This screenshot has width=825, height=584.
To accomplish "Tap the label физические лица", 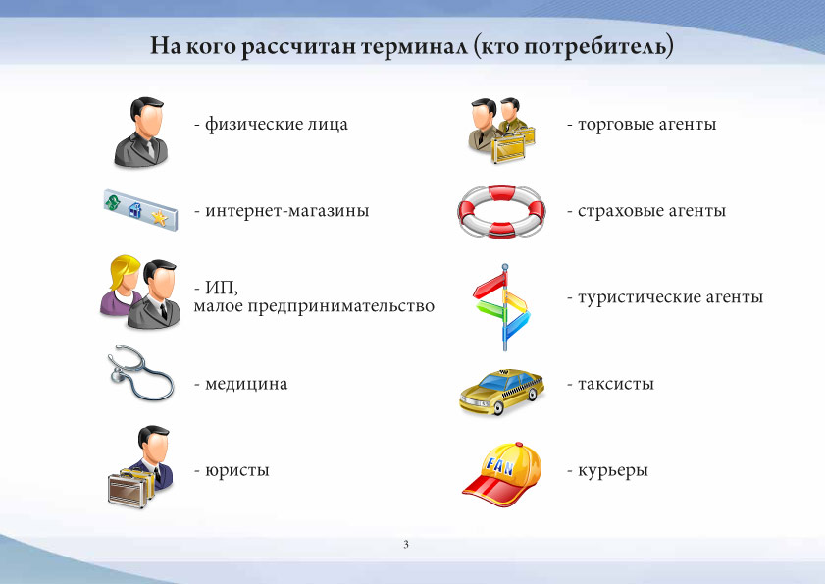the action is [277, 125].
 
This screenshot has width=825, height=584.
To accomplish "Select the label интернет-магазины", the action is [286, 211].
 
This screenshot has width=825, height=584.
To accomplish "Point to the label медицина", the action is [246, 384].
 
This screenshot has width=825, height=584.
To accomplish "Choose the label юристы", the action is [236, 470].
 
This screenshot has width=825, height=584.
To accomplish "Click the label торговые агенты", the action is [646, 125].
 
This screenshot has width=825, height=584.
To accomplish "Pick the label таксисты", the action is [616, 384].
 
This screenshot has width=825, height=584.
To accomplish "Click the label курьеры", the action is [613, 470].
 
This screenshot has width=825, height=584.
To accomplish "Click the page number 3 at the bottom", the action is [406, 545].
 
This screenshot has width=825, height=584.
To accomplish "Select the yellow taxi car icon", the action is [501, 392].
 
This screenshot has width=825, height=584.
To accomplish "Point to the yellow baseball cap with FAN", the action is [502, 474].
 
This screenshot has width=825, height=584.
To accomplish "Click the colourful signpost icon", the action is [503, 307].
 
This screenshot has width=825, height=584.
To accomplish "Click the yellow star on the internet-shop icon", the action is [159, 217].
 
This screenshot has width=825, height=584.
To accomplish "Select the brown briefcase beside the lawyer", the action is [127, 490].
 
